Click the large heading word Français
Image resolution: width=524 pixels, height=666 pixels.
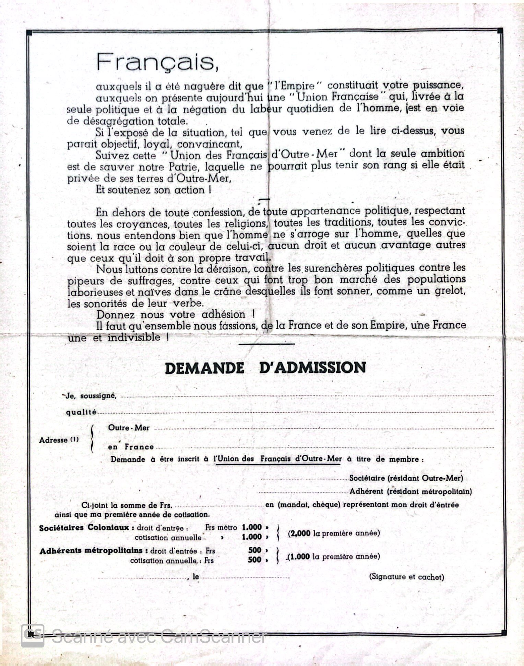click(x=157, y=62)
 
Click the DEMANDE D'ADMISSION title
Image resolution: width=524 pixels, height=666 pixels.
click(x=265, y=368)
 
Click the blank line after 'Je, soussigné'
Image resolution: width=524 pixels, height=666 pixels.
click(x=307, y=396)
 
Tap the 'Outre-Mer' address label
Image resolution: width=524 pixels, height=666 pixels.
click(x=129, y=428)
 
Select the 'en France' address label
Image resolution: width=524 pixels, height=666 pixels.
click(x=131, y=447)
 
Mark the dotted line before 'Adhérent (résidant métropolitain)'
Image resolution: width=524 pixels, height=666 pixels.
click(x=303, y=492)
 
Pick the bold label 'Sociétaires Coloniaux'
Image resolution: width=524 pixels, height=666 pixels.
click(x=84, y=528)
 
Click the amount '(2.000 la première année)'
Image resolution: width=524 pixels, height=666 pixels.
click(x=334, y=533)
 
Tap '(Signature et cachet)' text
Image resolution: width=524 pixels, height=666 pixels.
click(x=406, y=577)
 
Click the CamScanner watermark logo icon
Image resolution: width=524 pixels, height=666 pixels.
click(x=33, y=636)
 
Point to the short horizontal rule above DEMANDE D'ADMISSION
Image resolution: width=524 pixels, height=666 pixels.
click(x=266, y=344)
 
